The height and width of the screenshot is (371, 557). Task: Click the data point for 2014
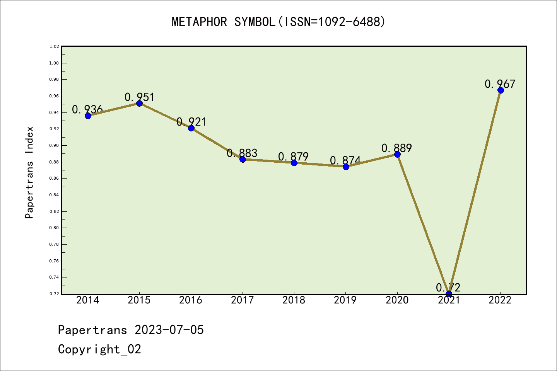coord(88,116)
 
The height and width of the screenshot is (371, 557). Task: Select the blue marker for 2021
coord(449,294)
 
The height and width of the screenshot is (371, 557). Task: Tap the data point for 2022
coord(501,90)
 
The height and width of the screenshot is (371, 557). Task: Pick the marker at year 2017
coord(243,159)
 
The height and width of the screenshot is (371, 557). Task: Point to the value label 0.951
coord(139,97)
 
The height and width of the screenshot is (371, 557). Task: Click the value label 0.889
coord(396,148)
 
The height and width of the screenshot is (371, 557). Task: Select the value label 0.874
coord(345,160)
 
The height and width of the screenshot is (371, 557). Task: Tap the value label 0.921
coord(191,122)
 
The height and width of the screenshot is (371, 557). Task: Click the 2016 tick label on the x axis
coord(191,300)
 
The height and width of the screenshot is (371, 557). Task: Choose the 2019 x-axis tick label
coord(345,300)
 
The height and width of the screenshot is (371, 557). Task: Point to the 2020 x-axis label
coord(397,300)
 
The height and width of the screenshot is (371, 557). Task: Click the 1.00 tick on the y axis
coord(54,63)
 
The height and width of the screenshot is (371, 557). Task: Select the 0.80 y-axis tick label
coord(54,228)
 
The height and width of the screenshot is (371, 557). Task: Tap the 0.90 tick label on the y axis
coord(54,146)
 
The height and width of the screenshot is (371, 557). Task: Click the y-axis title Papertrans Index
coord(29,172)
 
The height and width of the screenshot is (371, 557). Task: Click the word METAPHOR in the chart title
coord(199,22)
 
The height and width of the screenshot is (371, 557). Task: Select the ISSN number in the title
coord(349,22)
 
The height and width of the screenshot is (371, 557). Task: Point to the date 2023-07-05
coord(169,330)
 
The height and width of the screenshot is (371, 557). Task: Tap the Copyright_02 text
coord(99,349)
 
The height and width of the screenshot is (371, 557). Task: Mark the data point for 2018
coord(294,163)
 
